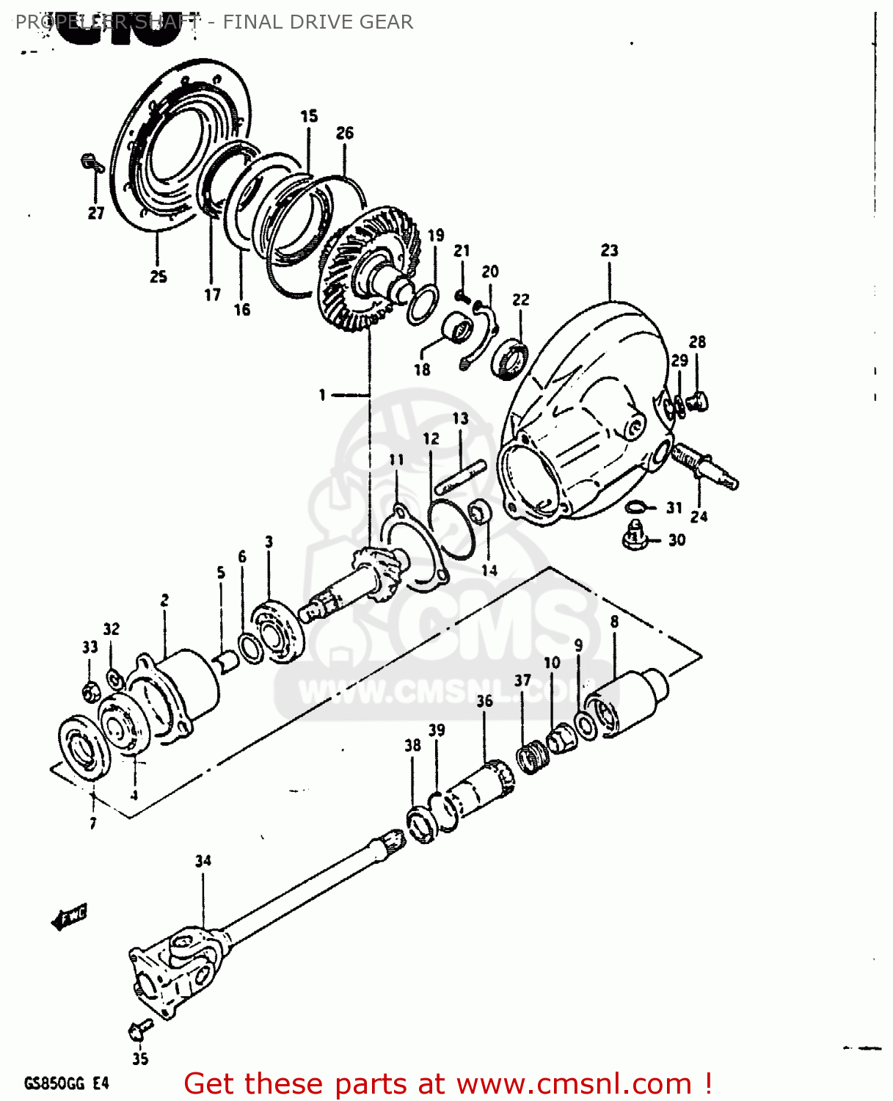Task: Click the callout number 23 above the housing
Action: point(609,251)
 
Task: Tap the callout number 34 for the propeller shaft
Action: point(203,860)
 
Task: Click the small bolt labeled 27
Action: point(92,162)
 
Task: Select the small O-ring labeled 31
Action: point(636,506)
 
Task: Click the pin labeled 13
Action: point(459,478)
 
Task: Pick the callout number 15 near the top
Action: point(309,116)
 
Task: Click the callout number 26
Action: point(345,133)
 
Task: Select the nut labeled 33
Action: point(90,691)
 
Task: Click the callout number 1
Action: point(322,395)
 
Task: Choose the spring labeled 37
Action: point(532,756)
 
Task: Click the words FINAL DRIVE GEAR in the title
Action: point(318,22)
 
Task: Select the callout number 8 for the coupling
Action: point(614,622)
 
